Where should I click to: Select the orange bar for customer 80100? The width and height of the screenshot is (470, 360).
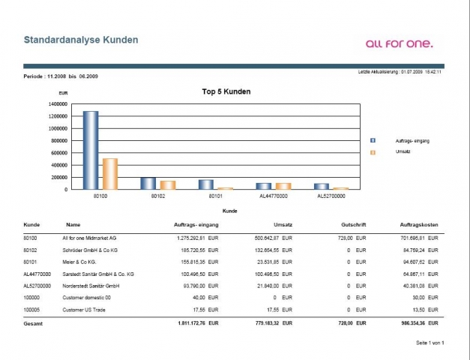pos(109,173)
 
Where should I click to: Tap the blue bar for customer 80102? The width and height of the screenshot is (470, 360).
pos(148,183)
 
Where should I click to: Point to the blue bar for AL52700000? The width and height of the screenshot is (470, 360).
pos(322,186)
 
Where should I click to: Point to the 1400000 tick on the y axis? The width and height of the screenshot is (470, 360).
pos(58,104)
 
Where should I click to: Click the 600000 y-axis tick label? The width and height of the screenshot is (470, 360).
pos(59,153)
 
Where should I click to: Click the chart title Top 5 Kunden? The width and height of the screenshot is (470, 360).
pos(226,91)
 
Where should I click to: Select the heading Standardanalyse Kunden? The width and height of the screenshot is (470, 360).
pos(81,39)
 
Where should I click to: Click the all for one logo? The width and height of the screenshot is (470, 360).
pos(399,43)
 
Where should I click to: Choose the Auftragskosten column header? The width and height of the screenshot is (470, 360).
pos(419,224)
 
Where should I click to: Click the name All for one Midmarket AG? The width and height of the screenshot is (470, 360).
pos(90,237)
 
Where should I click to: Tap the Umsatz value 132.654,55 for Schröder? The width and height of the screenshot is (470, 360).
pos(262,250)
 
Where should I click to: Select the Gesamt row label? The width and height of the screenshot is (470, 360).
pos(34,323)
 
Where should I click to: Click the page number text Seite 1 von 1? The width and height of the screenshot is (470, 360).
pos(430,343)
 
